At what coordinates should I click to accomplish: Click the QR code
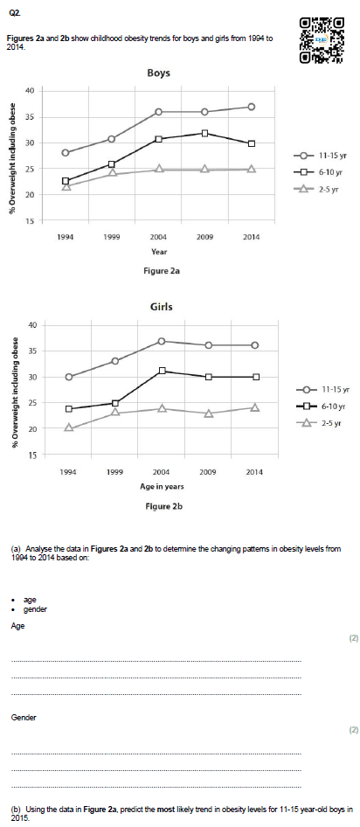(x=322, y=40)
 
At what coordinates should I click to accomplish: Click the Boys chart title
(x=158, y=73)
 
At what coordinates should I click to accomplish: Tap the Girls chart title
(x=162, y=307)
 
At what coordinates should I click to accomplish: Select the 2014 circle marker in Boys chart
(x=252, y=107)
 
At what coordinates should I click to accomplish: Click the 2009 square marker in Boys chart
(x=205, y=133)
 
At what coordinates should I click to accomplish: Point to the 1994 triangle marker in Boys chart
(x=66, y=186)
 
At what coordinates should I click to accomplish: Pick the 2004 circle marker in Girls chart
(x=162, y=341)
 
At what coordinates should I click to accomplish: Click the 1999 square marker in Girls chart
(x=115, y=404)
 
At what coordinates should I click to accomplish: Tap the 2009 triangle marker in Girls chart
(x=209, y=413)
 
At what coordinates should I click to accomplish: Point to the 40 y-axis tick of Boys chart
(x=31, y=91)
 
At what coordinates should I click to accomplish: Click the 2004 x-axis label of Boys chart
(x=158, y=237)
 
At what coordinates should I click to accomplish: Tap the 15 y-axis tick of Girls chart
(x=32, y=455)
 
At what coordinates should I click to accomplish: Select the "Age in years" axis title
(x=162, y=486)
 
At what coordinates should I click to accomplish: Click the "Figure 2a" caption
(x=158, y=271)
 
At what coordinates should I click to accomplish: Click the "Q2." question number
(x=15, y=15)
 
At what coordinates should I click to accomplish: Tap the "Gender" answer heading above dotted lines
(x=24, y=718)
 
